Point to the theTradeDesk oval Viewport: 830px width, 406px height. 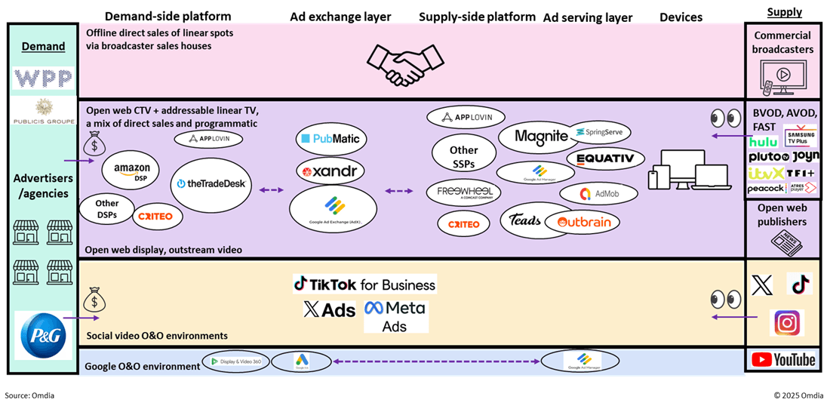(x=212, y=184)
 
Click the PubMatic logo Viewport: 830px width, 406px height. (x=331, y=139)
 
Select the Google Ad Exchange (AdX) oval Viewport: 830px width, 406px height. (x=333, y=209)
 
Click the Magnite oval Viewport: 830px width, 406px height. (x=540, y=137)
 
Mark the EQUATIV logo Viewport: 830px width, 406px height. (x=605, y=159)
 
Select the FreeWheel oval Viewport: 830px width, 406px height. (x=464, y=192)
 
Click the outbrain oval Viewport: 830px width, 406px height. (x=582, y=222)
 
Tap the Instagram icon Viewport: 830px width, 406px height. (x=786, y=323)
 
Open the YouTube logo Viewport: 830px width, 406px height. (x=784, y=360)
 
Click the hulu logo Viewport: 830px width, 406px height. (x=764, y=142)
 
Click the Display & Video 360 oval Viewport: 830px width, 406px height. (x=236, y=363)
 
